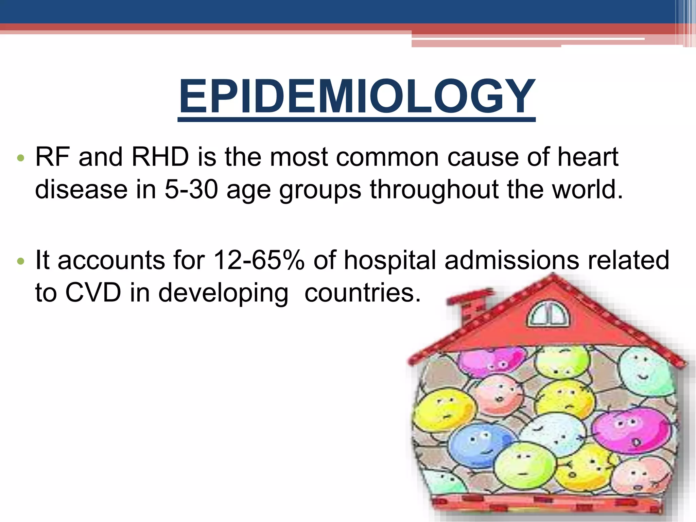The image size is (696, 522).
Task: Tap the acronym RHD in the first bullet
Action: pos(160,157)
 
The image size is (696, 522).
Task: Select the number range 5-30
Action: pos(191,189)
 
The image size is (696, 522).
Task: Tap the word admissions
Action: pos(512,261)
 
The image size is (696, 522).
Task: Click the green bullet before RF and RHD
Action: pos(21,158)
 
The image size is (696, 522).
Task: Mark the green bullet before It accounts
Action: pos(21,261)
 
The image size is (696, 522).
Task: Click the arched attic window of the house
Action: pos(548,315)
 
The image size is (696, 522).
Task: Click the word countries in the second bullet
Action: pos(362,293)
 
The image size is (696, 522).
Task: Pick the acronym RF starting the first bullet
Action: pos(53,157)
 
